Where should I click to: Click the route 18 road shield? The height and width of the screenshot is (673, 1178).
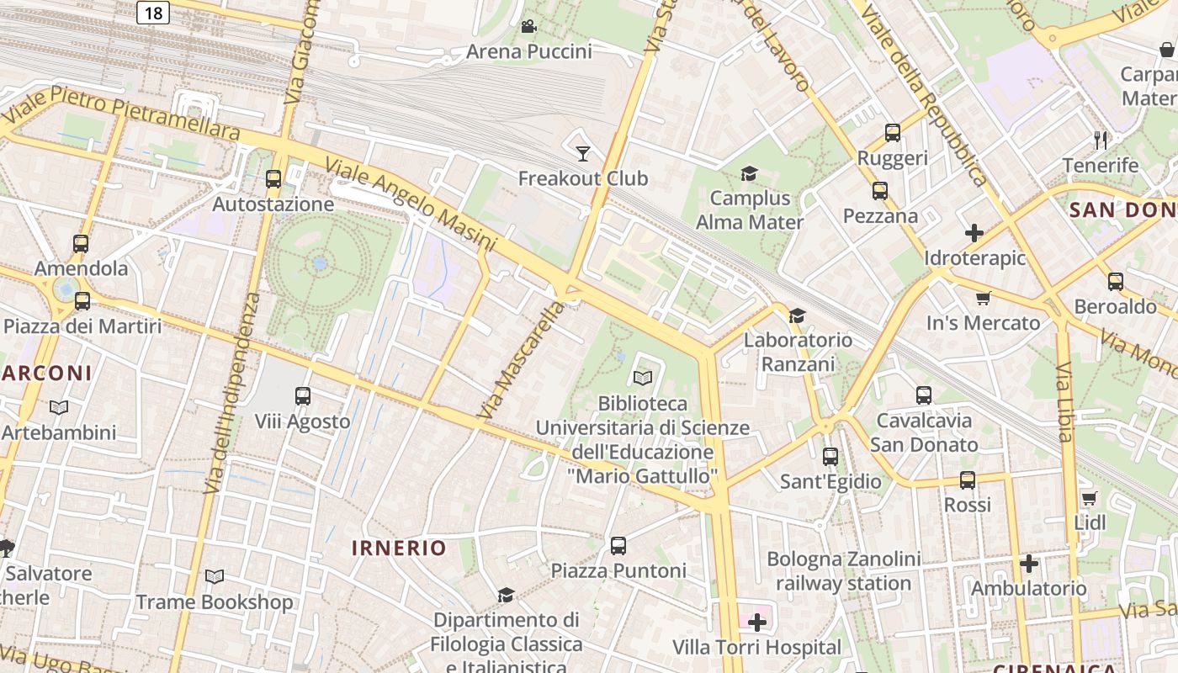click(152, 12)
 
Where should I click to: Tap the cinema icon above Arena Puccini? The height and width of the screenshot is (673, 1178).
click(528, 27)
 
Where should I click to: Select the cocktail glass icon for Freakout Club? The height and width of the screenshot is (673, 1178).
click(582, 153)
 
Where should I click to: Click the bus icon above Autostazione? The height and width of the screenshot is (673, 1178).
click(273, 178)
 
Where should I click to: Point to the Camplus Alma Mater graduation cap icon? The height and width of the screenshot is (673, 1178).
click(749, 173)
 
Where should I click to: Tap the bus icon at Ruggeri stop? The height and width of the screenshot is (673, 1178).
click(892, 133)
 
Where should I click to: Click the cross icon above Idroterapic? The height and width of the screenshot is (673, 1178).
click(974, 232)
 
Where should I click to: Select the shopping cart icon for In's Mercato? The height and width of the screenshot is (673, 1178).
click(983, 298)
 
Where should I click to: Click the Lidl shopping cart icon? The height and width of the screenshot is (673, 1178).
click(1089, 498)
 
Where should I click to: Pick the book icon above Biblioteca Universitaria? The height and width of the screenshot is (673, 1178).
click(643, 379)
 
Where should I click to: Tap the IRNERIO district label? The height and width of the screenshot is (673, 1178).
click(399, 548)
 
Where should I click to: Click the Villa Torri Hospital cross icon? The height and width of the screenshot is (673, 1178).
click(757, 623)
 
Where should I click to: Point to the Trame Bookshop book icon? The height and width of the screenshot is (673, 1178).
click(215, 576)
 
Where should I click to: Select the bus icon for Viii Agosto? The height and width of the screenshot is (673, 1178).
click(303, 395)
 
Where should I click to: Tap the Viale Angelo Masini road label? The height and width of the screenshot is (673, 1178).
click(410, 204)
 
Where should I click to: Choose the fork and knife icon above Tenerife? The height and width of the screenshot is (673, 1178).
click(1100, 139)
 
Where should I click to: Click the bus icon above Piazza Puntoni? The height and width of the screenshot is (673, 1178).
click(618, 545)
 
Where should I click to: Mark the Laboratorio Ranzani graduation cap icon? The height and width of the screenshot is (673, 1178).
click(797, 315)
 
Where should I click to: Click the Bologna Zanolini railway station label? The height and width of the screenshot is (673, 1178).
click(843, 571)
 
